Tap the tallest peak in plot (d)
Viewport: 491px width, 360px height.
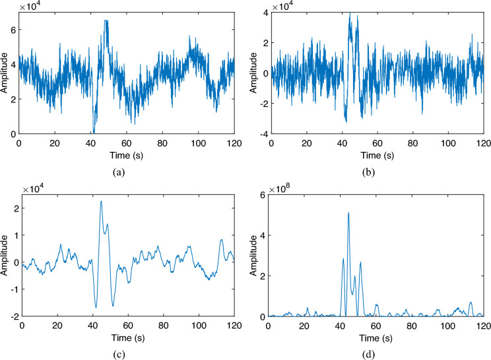[x=348, y=213]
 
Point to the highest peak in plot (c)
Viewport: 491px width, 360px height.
[x=101, y=201]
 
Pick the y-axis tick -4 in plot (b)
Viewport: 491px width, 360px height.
[x=259, y=134]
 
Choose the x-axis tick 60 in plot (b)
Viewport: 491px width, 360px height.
[x=376, y=142]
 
